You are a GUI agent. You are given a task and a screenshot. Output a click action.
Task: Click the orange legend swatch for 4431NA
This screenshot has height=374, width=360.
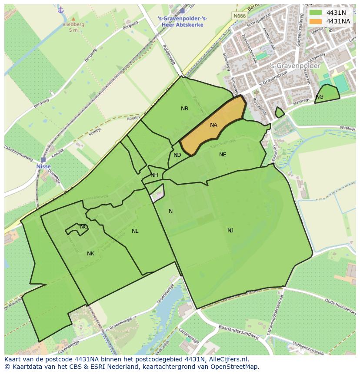pyautogui.click(x=316, y=21)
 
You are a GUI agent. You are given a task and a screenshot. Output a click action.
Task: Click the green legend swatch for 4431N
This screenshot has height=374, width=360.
pyautogui.click(x=316, y=13)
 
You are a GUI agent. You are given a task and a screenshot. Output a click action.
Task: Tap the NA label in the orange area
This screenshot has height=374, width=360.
pyautogui.click(x=213, y=125)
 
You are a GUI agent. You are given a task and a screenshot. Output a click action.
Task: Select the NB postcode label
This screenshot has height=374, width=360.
pyautogui.click(x=185, y=109)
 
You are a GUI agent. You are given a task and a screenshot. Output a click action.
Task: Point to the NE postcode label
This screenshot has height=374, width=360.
pyautogui.click(x=223, y=154)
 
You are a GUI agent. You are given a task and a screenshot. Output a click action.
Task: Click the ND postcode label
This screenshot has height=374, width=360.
pyautogui.click(x=177, y=155)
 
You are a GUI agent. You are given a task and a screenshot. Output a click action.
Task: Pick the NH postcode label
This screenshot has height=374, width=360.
pyautogui.click(x=154, y=175)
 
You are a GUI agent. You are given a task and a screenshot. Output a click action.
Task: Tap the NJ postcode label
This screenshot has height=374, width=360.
pyautogui.click(x=230, y=230)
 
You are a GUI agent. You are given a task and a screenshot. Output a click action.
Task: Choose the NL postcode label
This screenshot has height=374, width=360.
pyautogui.click(x=135, y=231)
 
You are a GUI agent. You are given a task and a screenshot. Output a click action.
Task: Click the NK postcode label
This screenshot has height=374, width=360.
pyautogui.click(x=90, y=254)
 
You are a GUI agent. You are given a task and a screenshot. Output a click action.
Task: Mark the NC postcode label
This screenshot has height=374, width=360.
pyautogui.click(x=84, y=227)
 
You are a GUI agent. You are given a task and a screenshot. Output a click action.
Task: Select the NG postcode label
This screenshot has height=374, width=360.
pyautogui.click(x=320, y=97)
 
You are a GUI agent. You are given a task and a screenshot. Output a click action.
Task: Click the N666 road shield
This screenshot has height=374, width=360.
pyautogui.click(x=239, y=16)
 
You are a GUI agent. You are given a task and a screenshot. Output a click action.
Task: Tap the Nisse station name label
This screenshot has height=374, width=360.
pyautogui.click(x=43, y=166)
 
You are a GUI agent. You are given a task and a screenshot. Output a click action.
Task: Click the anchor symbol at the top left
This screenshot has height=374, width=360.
pyautogui.click(x=60, y=10)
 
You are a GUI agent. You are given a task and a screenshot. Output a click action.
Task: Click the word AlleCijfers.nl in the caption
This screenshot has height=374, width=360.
pyautogui.click(x=227, y=359)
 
